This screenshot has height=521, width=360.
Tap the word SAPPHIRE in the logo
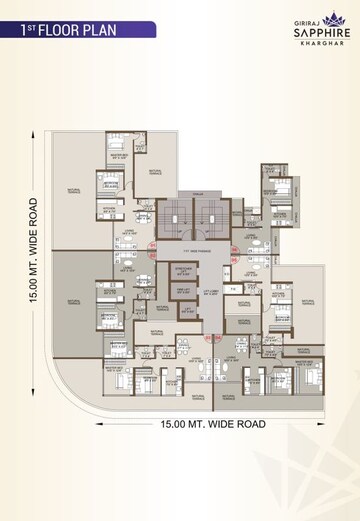(303, 31)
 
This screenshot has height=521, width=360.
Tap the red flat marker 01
(153, 244)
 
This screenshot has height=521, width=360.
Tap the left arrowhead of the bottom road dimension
(98, 423)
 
